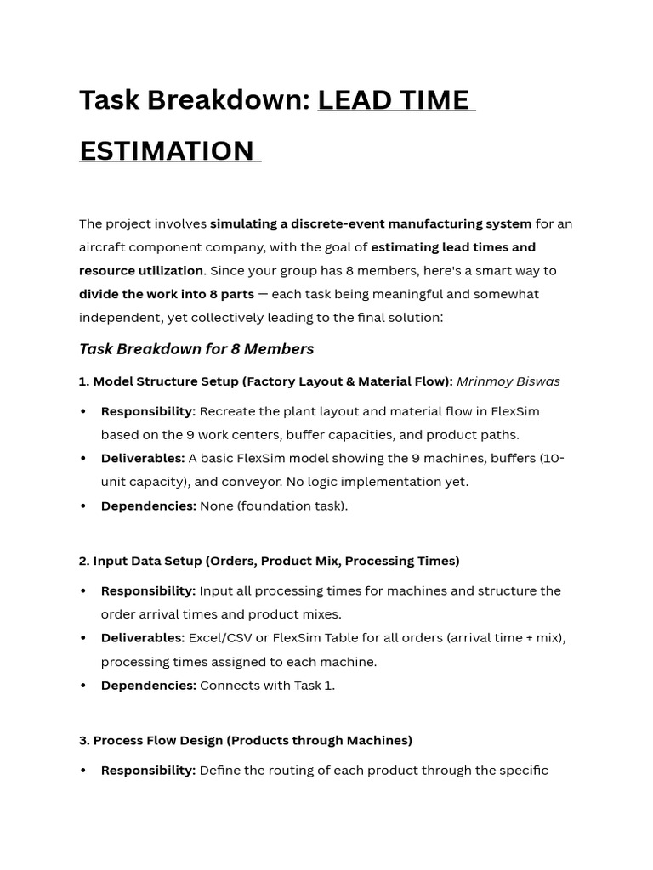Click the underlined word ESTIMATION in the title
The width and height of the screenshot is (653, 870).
pyautogui.click(x=167, y=150)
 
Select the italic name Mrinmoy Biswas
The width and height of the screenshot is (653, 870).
pyautogui.click(x=508, y=381)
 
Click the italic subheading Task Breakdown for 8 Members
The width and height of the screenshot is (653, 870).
pyautogui.click(x=196, y=349)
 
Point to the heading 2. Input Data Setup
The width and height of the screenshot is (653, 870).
pyautogui.click(x=269, y=561)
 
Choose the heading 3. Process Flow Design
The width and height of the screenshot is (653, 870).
pyautogui.click(x=246, y=740)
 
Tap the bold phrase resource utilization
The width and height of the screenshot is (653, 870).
pyautogui.click(x=141, y=270)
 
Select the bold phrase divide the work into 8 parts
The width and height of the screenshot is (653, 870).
pyautogui.click(x=167, y=294)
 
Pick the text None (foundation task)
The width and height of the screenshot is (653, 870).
pyautogui.click(x=274, y=506)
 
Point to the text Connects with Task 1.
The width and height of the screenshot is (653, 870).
pyautogui.click(x=267, y=685)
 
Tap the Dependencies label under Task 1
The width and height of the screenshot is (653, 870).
pyautogui.click(x=148, y=506)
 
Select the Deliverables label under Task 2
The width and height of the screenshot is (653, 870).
pyautogui.click(x=142, y=637)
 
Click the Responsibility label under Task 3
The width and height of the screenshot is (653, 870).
pyautogui.click(x=148, y=771)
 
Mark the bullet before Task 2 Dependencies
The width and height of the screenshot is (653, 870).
pyautogui.click(x=83, y=686)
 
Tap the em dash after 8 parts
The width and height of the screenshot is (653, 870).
pyautogui.click(x=263, y=294)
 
